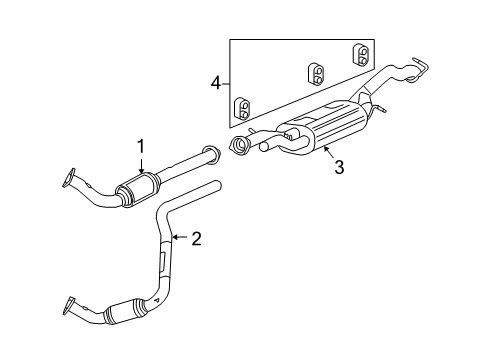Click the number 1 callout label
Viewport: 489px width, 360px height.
[x=141, y=146]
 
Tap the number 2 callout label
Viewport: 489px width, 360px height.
[x=196, y=238]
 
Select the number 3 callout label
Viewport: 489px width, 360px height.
[x=339, y=168]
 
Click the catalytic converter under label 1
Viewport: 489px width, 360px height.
[x=139, y=189]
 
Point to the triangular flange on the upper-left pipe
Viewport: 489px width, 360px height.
[x=70, y=177]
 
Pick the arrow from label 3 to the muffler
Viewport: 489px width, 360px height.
[x=322, y=150]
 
